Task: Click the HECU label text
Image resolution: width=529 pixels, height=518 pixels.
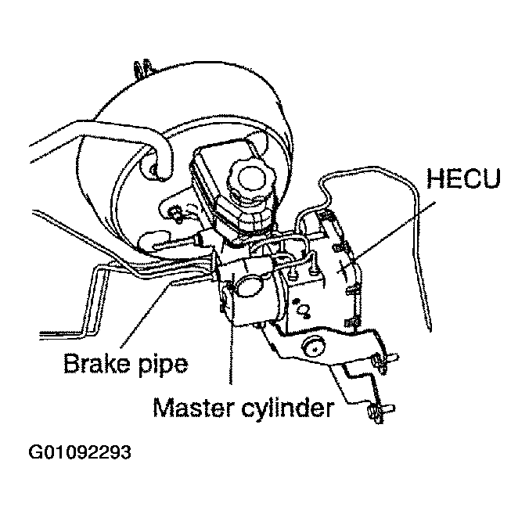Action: [x=463, y=178]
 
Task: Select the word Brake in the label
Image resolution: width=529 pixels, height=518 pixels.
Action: [x=96, y=363]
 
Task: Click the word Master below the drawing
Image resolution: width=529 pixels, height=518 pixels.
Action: [x=193, y=408]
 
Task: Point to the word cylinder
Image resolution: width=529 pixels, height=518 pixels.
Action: [x=288, y=409]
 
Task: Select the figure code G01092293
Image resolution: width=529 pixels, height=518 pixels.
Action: [x=80, y=452]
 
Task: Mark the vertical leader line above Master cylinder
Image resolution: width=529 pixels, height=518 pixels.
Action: [x=231, y=333]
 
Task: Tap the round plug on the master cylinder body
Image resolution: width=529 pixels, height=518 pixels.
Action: [x=250, y=286]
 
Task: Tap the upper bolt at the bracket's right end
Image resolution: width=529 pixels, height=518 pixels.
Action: [x=384, y=362]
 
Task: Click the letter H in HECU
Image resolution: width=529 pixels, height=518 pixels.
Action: [x=436, y=178]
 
